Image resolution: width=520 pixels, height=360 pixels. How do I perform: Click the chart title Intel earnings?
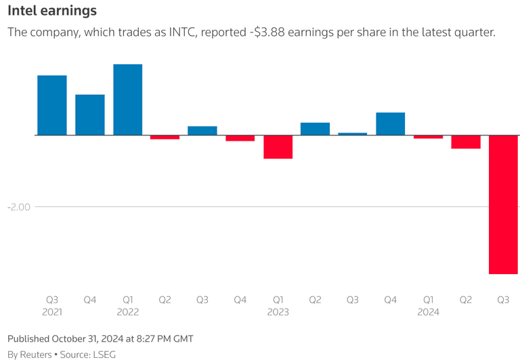pos(51,11)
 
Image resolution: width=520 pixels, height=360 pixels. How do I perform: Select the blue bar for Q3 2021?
pos(52,105)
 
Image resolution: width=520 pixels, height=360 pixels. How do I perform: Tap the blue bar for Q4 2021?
pos(90,114)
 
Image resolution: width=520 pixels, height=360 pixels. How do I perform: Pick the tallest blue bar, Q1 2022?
pos(127,99)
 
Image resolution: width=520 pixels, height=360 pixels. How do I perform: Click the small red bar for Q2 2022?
pos(165,137)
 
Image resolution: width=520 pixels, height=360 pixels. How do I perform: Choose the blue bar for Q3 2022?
pos(202,131)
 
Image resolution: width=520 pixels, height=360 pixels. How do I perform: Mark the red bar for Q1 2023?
pos(278,147)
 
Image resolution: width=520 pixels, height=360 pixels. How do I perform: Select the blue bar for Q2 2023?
pos(315,129)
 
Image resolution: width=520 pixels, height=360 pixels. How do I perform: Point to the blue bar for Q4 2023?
pos(390,124)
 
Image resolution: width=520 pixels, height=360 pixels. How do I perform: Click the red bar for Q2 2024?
pos(466,141)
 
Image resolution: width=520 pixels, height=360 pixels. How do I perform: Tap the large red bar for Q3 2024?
pos(503,204)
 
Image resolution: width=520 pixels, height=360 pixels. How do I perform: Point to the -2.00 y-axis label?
pos(20,206)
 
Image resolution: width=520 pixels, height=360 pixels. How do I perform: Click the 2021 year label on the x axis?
pos(52,312)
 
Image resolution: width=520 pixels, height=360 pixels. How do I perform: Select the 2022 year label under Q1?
pos(127,312)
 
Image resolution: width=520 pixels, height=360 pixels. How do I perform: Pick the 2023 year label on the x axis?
pos(278,312)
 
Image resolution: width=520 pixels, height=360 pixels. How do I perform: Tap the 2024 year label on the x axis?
pos(428,312)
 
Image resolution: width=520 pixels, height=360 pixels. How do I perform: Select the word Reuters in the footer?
pos(35,354)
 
